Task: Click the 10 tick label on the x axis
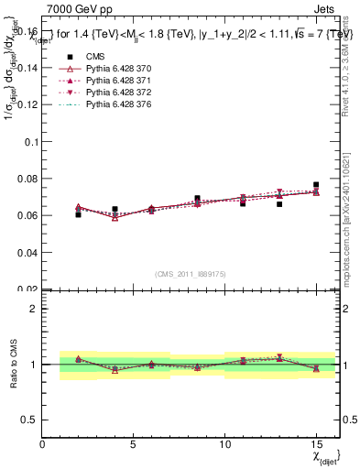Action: pyautogui.click(x=225, y=444)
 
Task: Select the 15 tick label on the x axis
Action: pyautogui.click(x=316, y=444)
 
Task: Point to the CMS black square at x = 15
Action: pyautogui.click(x=316, y=185)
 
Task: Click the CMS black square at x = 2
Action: pyautogui.click(x=78, y=214)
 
